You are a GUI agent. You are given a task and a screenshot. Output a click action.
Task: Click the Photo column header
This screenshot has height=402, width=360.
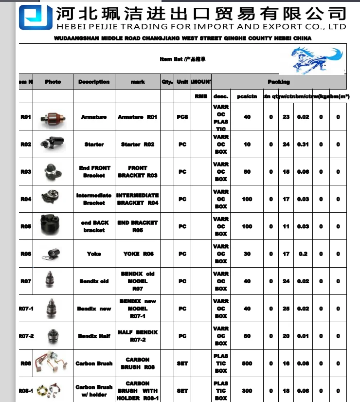pos(53,82)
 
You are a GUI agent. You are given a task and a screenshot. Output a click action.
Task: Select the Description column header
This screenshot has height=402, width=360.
pos(94,82)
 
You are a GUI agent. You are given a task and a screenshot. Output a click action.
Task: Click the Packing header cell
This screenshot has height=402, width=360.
pos(279,82)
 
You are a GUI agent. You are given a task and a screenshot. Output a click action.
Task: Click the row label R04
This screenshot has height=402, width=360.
pos(26,199)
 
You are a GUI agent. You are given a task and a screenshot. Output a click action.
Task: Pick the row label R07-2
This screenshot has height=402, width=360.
pos(26,336)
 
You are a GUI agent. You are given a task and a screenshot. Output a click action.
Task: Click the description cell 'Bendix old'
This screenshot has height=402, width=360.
pos(94,281)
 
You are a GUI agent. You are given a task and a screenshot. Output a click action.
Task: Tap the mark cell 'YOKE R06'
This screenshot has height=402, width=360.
pos(138,254)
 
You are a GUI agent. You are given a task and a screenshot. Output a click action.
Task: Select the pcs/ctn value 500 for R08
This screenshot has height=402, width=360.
pos(247,364)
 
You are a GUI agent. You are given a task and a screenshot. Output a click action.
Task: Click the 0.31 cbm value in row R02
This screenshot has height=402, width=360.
pos(303,145)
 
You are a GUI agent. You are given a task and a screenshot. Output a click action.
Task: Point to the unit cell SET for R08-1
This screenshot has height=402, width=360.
pos(182,391)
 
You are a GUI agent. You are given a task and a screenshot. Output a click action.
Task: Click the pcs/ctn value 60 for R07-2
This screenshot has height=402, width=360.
pos(247,336)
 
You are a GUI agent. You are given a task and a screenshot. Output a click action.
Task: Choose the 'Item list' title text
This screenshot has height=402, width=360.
pos(182,59)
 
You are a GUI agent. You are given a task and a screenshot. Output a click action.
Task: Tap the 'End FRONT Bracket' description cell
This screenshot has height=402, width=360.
pos(94,172)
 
